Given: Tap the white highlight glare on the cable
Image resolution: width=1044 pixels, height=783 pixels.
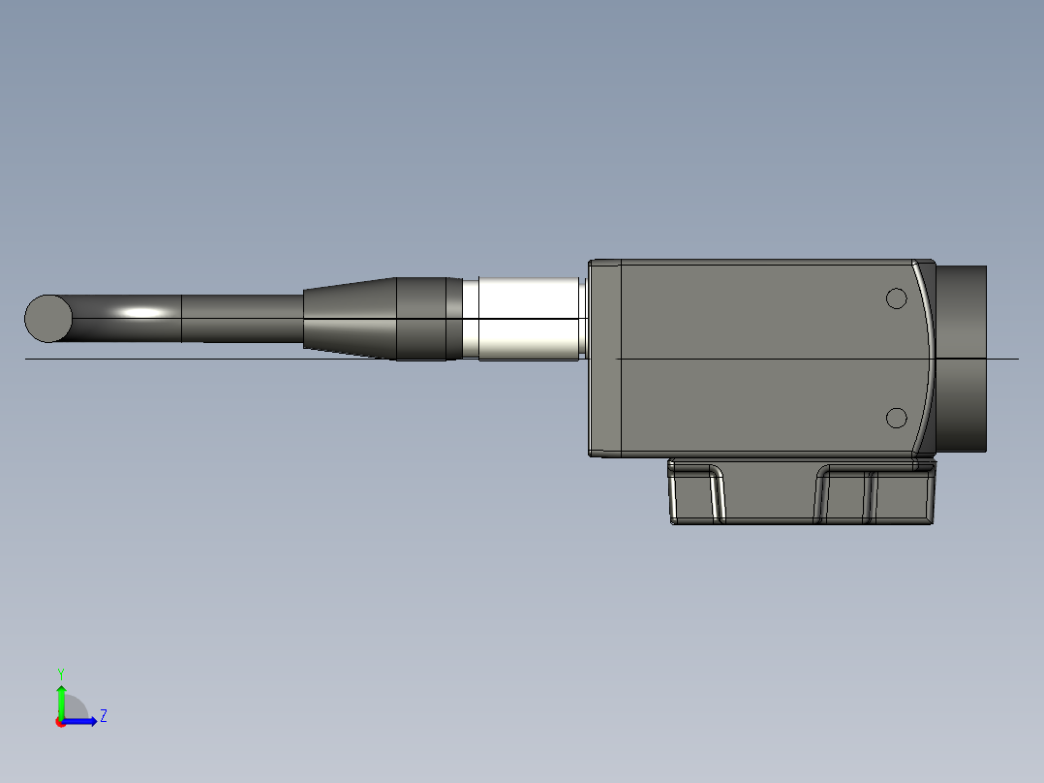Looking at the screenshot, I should tap(143, 312).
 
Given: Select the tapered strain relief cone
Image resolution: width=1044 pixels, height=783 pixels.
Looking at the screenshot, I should tap(350, 318).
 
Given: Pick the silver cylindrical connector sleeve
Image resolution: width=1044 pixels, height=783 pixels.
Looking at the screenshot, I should tap(528, 319).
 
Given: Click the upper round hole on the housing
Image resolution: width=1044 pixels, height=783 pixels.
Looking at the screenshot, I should tap(897, 298).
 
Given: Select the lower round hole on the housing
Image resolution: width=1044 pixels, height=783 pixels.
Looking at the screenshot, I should tap(897, 418).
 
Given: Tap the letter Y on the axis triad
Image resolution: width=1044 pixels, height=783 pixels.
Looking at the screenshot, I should tap(60, 673).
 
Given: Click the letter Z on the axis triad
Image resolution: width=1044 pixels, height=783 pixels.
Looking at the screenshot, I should tap(103, 716).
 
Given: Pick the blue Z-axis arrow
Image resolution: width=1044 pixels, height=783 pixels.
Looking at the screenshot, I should tap(81, 721).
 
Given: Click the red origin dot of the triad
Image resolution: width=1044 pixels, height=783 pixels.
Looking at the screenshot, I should tap(60, 722).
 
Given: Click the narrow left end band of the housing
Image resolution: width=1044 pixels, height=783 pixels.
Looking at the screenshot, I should tap(604, 358).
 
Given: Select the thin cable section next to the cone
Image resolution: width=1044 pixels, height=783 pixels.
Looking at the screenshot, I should tap(242, 318).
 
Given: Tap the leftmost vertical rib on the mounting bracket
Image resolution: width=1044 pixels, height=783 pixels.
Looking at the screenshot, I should tap(718, 494).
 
